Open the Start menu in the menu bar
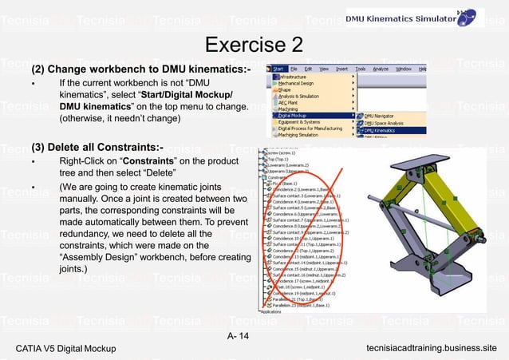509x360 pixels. pos(278,69)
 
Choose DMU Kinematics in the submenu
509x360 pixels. pos(387,129)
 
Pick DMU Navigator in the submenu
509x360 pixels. pos(385,115)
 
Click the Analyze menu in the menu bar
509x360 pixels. pos(381,69)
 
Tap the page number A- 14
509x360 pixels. pos(238,335)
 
